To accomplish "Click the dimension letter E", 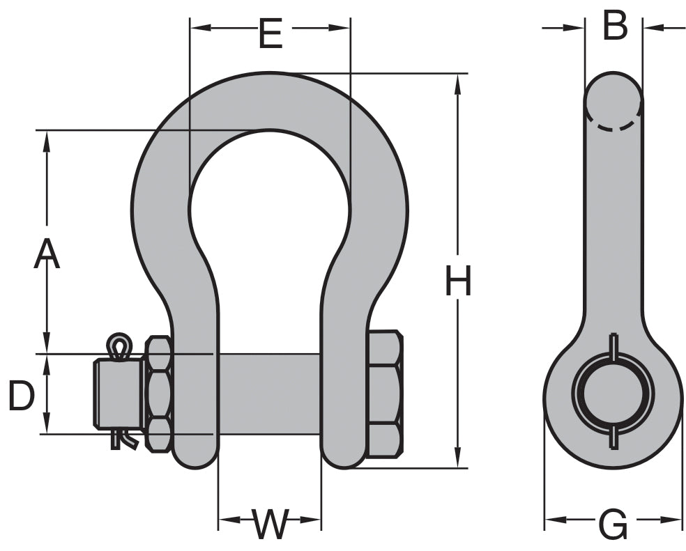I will click(x=270, y=33).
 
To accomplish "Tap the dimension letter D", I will click(x=22, y=396).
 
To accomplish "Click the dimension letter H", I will click(x=458, y=282).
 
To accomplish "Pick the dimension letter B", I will click(x=615, y=26).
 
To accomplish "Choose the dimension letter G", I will click(x=613, y=524).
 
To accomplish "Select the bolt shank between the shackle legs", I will click(x=269, y=394).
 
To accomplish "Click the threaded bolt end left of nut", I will click(x=117, y=394).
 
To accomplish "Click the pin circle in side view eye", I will click(x=613, y=394).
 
